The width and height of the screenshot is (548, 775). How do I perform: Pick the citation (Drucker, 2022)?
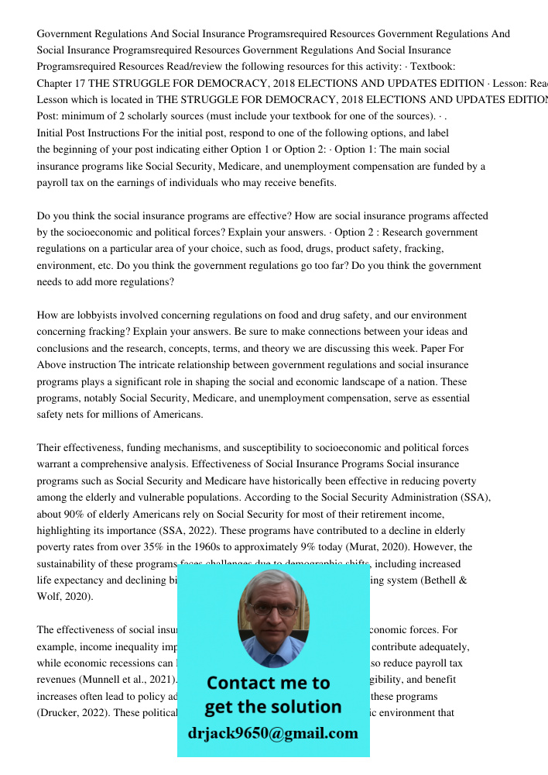tap(74, 712)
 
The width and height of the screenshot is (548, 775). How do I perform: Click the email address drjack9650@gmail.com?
tap(272, 733)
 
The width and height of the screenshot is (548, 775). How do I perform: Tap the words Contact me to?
tap(269, 684)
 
